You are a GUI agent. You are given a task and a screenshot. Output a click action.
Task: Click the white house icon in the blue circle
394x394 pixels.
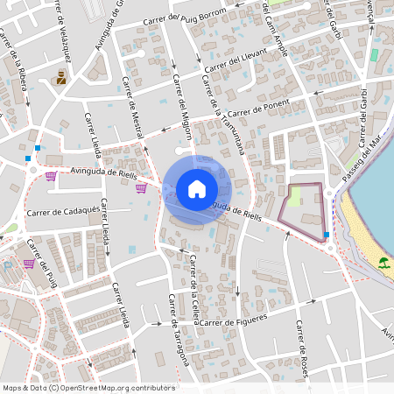point(196,188)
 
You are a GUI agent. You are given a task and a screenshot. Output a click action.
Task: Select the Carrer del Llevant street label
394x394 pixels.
point(239,66)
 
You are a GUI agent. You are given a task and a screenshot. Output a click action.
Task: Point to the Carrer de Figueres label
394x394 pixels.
point(232,323)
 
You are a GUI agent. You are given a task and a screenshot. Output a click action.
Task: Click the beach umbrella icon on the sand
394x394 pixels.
point(383,262)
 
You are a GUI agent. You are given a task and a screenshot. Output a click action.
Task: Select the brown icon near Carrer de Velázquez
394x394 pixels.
point(61,79)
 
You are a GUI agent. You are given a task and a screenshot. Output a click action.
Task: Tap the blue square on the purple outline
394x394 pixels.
point(327,235)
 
